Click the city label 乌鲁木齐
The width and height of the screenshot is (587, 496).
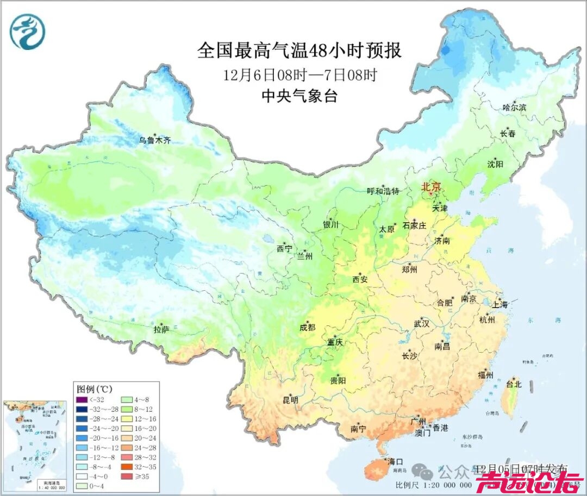coord(154,140)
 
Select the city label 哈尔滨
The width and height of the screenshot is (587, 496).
coord(514,108)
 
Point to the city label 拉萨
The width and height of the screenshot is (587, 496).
coord(161,329)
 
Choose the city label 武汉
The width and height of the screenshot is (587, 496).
coord(421,324)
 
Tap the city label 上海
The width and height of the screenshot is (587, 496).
coord(499,305)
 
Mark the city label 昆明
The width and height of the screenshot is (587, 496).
coord(290,400)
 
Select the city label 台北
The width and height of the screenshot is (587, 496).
coord(513,384)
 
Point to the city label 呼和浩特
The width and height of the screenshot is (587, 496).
coord(383,191)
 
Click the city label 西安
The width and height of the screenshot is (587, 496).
coord(360,279)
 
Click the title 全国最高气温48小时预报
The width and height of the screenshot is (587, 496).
coord(299,51)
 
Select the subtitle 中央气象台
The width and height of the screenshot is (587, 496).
coord(299,96)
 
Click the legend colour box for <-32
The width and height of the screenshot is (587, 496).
coord(82,400)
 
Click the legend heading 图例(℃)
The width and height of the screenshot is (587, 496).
coord(92,389)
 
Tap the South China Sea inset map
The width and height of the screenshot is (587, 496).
coord(35,445)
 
